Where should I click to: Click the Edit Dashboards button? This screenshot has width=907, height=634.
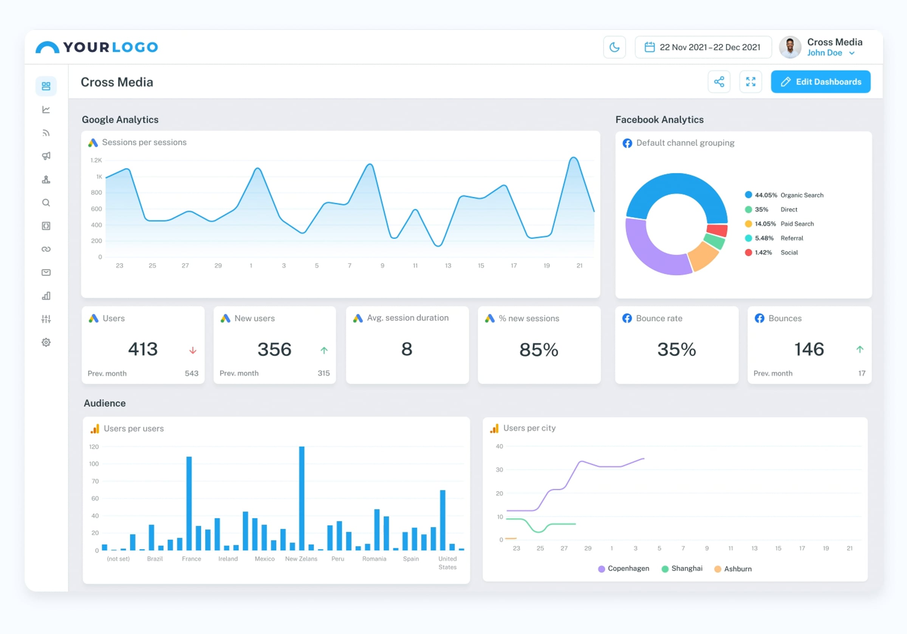(x=820, y=82)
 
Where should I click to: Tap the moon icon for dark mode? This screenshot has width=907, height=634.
(x=614, y=47)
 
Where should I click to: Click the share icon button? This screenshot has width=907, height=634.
(x=719, y=82)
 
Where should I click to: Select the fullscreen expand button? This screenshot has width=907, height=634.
(x=751, y=82)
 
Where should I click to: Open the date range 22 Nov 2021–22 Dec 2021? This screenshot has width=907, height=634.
(x=703, y=47)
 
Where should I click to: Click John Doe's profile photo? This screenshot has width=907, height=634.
(x=790, y=47)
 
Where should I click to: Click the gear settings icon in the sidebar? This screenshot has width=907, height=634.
(x=46, y=342)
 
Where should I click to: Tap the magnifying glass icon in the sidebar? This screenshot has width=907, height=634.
(x=46, y=203)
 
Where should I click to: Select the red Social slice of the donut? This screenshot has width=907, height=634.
(x=717, y=230)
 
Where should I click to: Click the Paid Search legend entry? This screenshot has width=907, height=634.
(x=779, y=224)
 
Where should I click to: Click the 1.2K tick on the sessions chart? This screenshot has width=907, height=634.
(x=96, y=160)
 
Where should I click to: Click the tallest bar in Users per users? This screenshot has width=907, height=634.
(x=302, y=498)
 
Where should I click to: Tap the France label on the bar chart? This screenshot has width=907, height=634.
(x=192, y=558)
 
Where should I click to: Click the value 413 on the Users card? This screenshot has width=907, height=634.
(x=143, y=349)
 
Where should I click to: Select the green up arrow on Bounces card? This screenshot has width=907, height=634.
(x=860, y=349)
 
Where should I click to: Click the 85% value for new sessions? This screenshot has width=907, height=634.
(x=539, y=350)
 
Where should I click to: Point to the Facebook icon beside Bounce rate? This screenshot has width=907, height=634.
(x=627, y=318)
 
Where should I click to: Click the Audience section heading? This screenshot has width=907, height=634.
(x=105, y=403)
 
